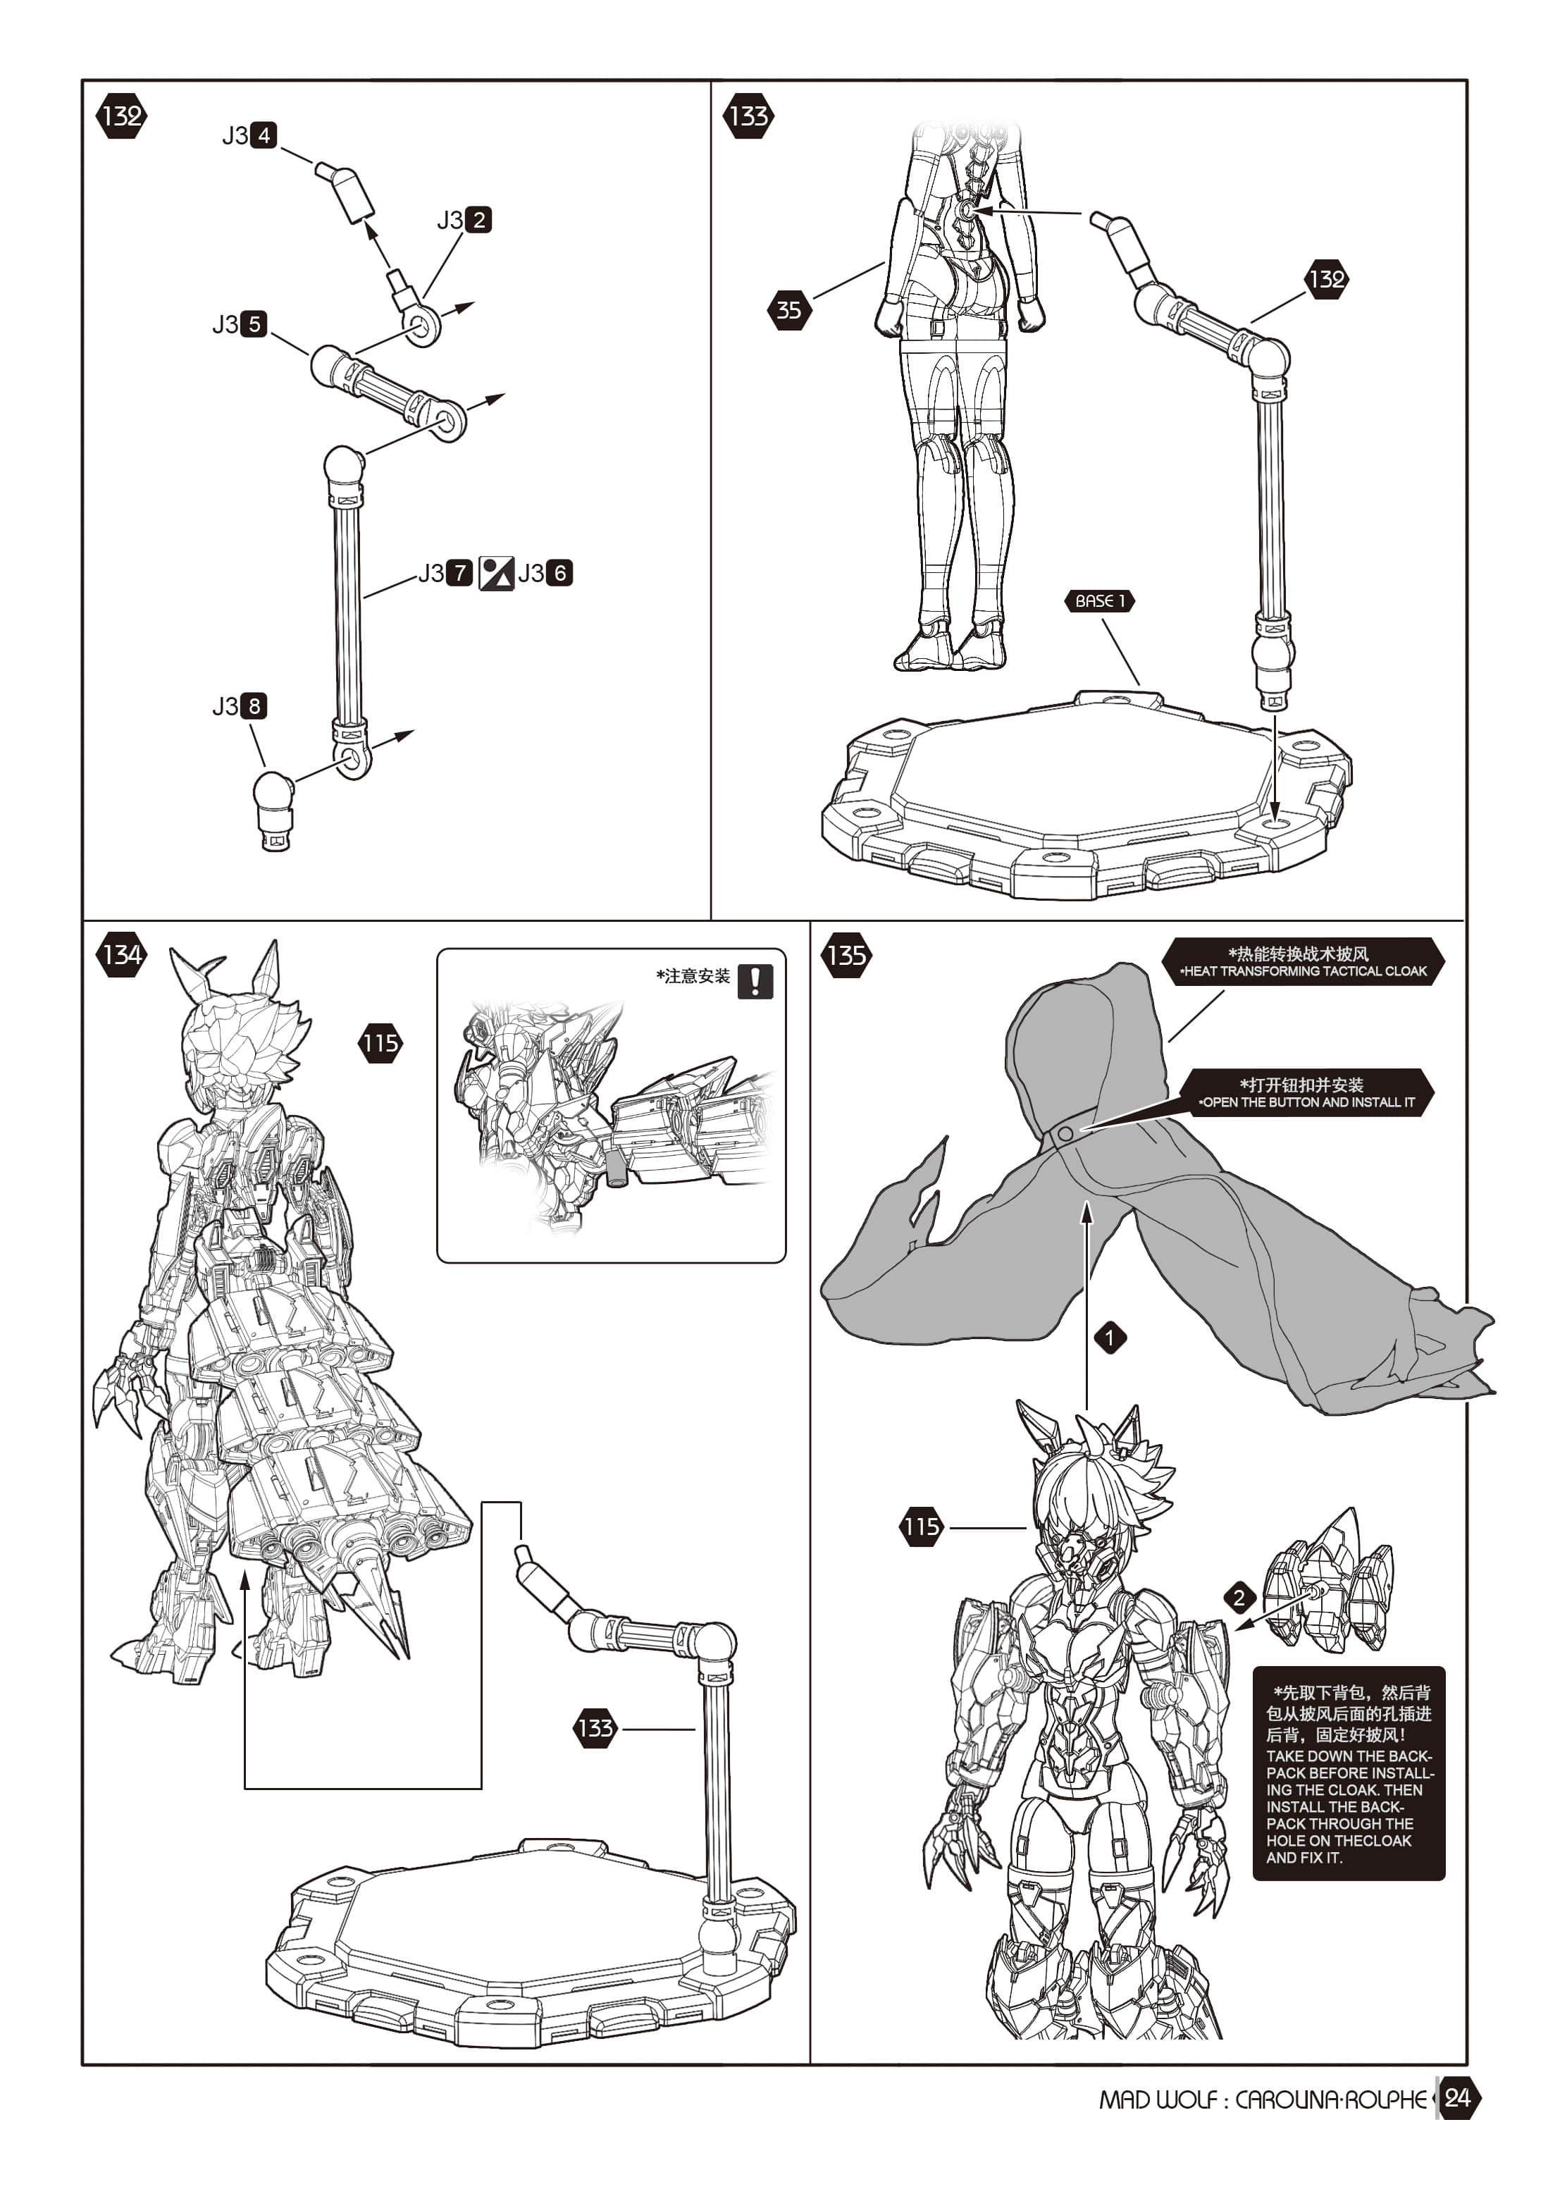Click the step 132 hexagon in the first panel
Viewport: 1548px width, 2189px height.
pyautogui.click(x=121, y=116)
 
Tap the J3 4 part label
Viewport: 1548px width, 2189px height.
pyautogui.click(x=249, y=135)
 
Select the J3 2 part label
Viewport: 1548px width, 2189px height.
pyautogui.click(x=464, y=220)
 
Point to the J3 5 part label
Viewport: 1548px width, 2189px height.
pyautogui.click(x=240, y=324)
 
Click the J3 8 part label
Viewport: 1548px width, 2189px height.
pyautogui.click(x=240, y=706)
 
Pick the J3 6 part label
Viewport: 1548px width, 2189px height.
pyautogui.click(x=545, y=573)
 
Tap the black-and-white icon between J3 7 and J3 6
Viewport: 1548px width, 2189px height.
pyautogui.click(x=495, y=573)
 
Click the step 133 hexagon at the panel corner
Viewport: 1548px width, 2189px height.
pyautogui.click(x=748, y=116)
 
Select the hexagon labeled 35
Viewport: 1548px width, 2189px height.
pyautogui.click(x=789, y=310)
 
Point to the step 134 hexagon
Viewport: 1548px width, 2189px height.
pyautogui.click(x=121, y=954)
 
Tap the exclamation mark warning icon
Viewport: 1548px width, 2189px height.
pyautogui.click(x=755, y=981)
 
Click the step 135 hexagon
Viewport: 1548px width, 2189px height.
pyautogui.click(x=846, y=954)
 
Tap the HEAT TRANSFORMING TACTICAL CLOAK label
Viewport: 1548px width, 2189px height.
pyautogui.click(x=1302, y=961)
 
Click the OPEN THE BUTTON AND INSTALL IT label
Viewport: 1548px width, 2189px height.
pyautogui.click(x=1307, y=1092)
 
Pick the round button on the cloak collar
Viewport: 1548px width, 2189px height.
pyautogui.click(x=1064, y=1133)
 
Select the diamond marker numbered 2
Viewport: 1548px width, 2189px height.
pyautogui.click(x=1239, y=1597)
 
